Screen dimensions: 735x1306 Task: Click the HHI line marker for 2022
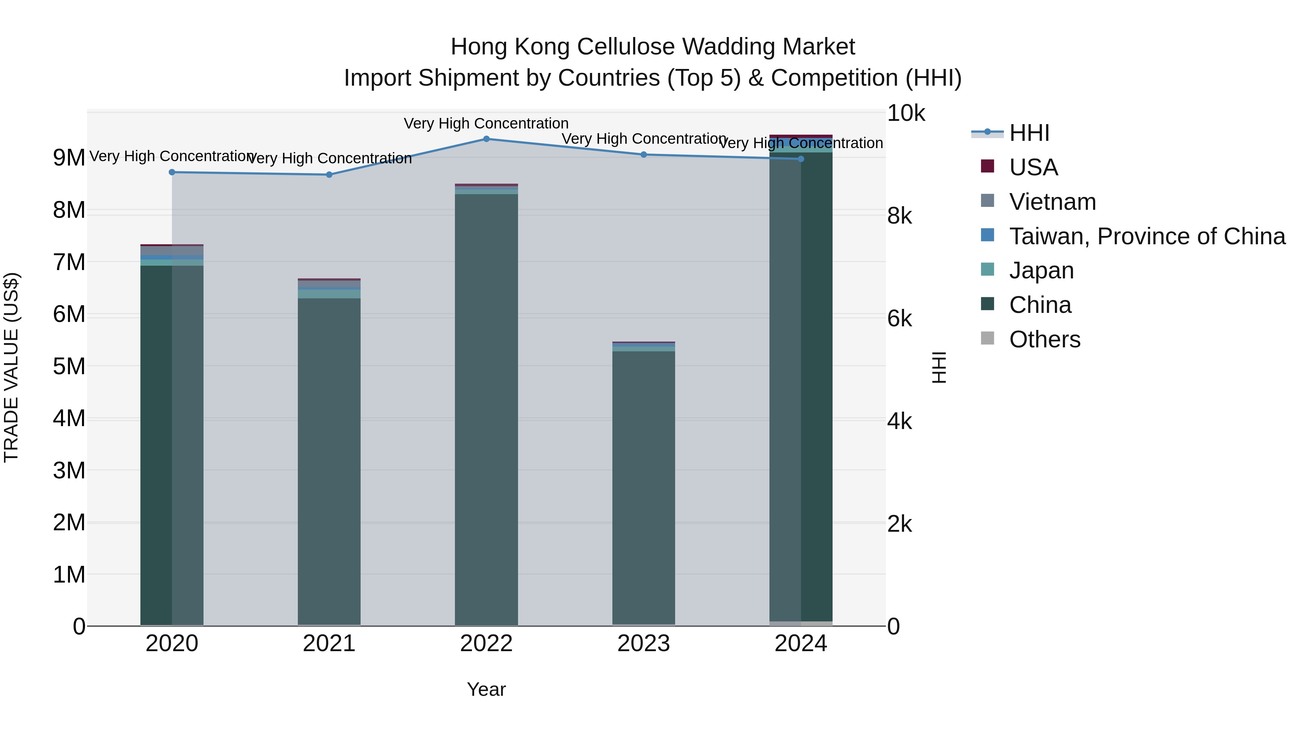coord(486,139)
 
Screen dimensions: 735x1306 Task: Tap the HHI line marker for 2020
coord(172,172)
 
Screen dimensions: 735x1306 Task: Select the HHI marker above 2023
coord(643,155)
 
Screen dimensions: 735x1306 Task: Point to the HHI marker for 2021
coord(329,175)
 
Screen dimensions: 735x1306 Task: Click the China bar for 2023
coord(643,487)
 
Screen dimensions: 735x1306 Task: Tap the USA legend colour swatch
coord(987,166)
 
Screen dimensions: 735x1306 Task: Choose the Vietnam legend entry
coord(1052,202)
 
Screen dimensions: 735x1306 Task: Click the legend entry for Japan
coord(1041,271)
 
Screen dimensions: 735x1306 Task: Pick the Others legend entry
coord(1044,339)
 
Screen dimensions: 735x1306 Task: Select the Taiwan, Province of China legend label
coord(1147,236)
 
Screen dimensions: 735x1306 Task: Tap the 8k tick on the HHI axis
coord(899,216)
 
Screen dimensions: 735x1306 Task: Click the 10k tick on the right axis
coord(905,113)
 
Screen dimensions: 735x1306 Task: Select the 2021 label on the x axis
coord(329,644)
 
